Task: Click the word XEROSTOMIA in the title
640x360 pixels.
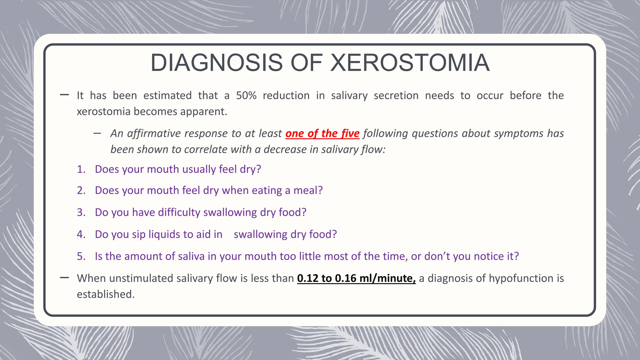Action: point(410,63)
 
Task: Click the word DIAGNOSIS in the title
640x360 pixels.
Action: point(217,63)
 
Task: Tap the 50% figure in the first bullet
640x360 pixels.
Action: point(246,96)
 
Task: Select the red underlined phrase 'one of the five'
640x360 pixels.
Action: point(322,133)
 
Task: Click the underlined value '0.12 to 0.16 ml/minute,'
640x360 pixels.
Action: point(356,278)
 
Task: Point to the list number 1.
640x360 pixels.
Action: point(81,169)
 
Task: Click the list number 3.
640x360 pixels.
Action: point(81,212)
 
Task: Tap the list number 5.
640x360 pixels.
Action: point(81,256)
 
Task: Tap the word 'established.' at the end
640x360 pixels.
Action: point(106,294)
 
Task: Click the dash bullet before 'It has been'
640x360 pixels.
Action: point(64,95)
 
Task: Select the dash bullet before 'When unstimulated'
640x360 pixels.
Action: point(64,277)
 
